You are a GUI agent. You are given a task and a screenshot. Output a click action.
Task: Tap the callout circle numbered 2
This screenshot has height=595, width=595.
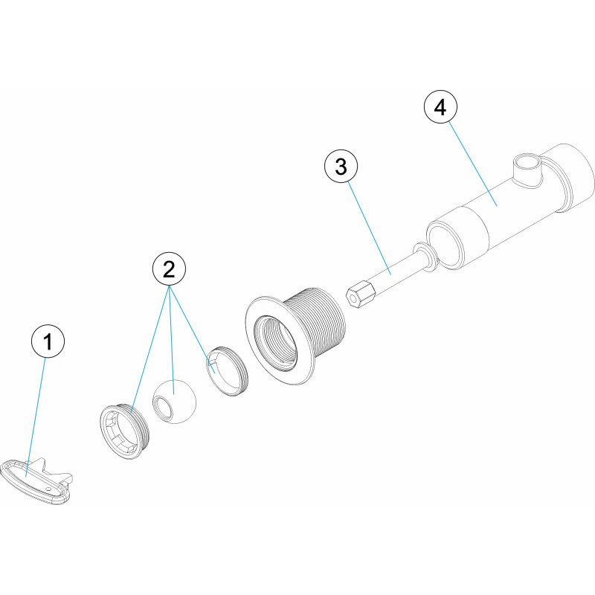coord(169,269)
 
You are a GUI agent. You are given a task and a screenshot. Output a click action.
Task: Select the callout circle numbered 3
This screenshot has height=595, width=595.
coord(341,166)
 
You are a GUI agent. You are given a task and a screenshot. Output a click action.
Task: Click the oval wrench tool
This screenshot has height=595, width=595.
coord(36,481)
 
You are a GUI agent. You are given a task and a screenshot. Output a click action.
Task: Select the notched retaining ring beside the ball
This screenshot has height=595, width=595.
coord(125,431)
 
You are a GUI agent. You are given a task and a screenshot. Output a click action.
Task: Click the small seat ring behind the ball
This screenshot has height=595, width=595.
coord(227,371)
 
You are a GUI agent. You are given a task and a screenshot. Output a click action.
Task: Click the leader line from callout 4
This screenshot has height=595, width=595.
coord(473,164)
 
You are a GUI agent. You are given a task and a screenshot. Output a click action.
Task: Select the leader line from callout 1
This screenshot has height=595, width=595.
coord(35,417)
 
